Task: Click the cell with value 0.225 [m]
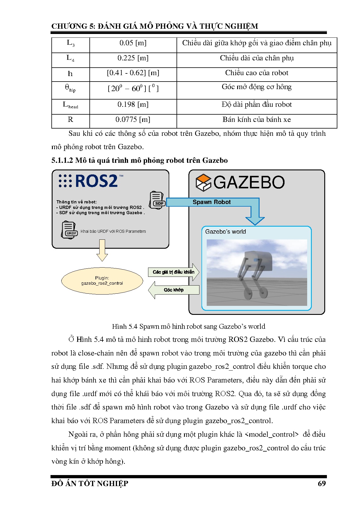pos(133,58)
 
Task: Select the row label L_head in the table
pos(71,105)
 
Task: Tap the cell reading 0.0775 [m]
pos(133,120)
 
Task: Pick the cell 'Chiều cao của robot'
pos(257,73)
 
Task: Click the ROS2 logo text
pos(96,181)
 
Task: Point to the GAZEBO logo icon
pos(203,183)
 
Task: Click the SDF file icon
pos(157,200)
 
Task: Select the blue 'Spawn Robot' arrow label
pos(212,202)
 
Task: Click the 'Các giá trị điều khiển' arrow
pos(174,272)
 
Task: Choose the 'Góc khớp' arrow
pos(174,290)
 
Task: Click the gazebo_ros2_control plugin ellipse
pos(102,281)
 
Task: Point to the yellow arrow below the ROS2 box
pos(102,250)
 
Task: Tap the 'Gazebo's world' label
pos(225,232)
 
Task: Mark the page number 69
pos(322,483)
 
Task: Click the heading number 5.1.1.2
pos(62,160)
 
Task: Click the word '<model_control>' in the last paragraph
pos(271,434)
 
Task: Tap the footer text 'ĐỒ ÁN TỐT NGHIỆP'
pos(90,483)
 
